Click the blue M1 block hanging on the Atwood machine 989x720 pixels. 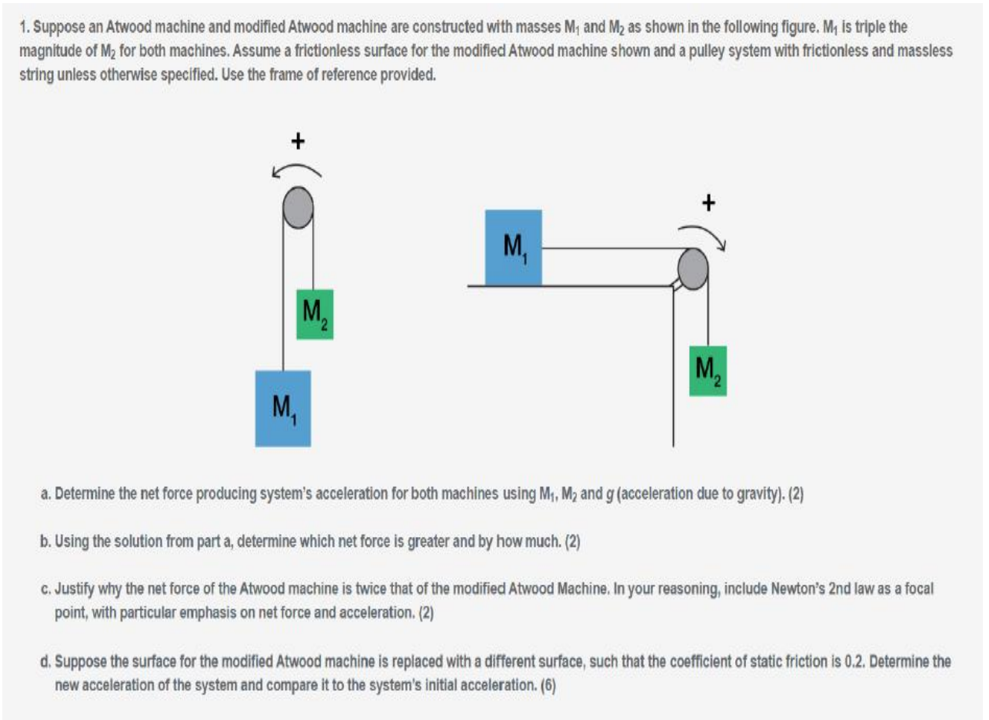(x=283, y=408)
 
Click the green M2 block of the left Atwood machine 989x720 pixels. (x=315, y=315)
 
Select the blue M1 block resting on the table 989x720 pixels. (x=513, y=247)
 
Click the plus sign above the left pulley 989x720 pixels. (x=298, y=141)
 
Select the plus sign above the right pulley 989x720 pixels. (x=708, y=203)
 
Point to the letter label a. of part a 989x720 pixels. (x=45, y=495)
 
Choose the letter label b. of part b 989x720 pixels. (x=45, y=542)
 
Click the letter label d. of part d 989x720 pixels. (x=45, y=662)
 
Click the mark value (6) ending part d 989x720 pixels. (x=548, y=686)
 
